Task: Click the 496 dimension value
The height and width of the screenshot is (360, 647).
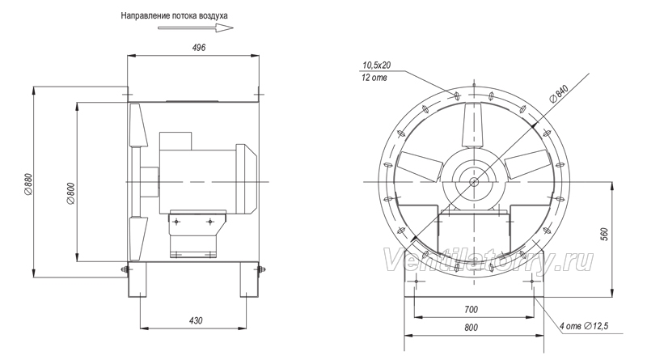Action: (x=198, y=48)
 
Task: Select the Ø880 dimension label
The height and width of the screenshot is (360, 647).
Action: (x=28, y=184)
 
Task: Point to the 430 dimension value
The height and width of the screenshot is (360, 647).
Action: (x=196, y=320)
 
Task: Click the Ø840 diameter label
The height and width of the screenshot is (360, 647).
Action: (x=560, y=93)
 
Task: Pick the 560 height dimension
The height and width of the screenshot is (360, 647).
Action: (x=605, y=235)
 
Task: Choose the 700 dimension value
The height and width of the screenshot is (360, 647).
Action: (x=471, y=309)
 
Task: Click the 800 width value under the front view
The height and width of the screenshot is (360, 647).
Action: (x=471, y=328)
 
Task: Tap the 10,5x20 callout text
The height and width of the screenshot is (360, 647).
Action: (x=376, y=65)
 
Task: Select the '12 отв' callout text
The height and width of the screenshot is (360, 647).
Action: (x=374, y=78)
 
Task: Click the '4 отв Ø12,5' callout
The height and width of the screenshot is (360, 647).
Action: (x=584, y=326)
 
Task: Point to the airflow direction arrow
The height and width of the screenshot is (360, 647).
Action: (x=196, y=28)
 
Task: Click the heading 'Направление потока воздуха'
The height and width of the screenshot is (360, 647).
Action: (x=174, y=15)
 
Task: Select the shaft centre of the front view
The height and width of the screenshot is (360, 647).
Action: (x=474, y=182)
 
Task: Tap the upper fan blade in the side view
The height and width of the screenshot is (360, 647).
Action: (x=138, y=125)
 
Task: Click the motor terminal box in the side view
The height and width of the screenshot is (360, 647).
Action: (x=175, y=141)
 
